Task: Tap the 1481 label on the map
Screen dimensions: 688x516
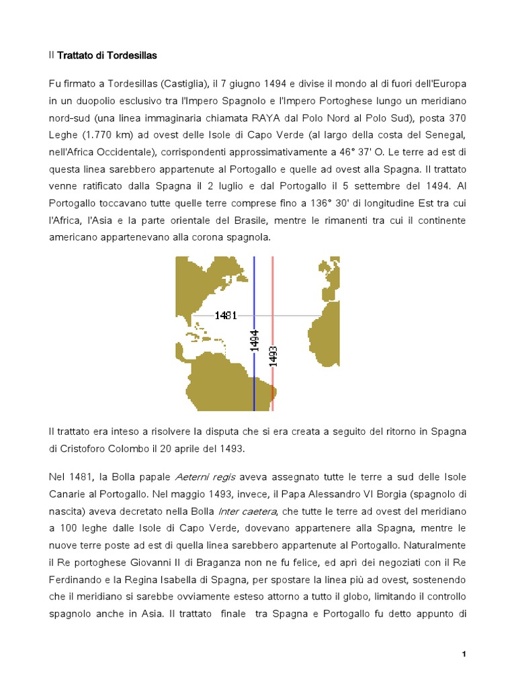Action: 226,315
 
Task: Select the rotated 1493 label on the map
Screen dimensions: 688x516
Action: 273,356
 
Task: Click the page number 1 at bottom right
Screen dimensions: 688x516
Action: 464,654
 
